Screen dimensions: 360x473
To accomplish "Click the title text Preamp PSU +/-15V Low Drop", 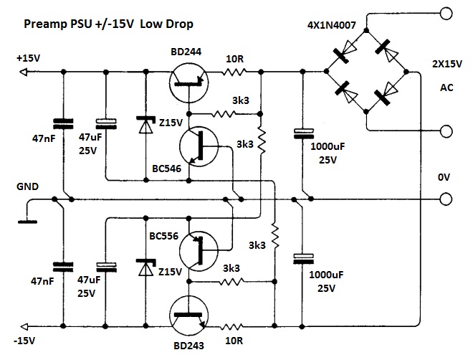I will tap(107, 24).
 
